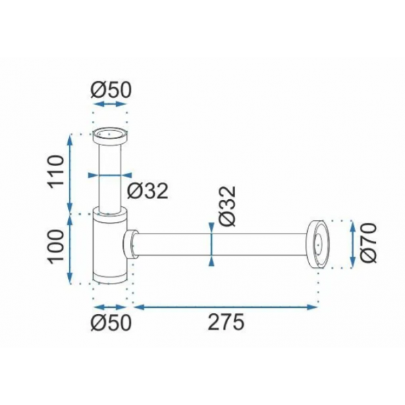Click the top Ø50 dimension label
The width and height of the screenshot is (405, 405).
click(x=111, y=90)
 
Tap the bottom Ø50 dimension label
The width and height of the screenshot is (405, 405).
click(x=111, y=322)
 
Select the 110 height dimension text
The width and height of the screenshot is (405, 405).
click(x=56, y=171)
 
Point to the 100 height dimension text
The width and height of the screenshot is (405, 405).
click(x=56, y=246)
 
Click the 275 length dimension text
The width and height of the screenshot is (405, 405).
click(x=225, y=322)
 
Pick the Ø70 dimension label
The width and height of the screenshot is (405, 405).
click(x=369, y=243)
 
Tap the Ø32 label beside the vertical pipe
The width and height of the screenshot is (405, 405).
click(x=148, y=191)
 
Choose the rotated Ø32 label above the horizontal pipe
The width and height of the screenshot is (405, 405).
click(x=227, y=207)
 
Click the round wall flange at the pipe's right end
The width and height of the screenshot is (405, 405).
click(x=319, y=244)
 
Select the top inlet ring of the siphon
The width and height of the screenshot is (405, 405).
click(x=110, y=136)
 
